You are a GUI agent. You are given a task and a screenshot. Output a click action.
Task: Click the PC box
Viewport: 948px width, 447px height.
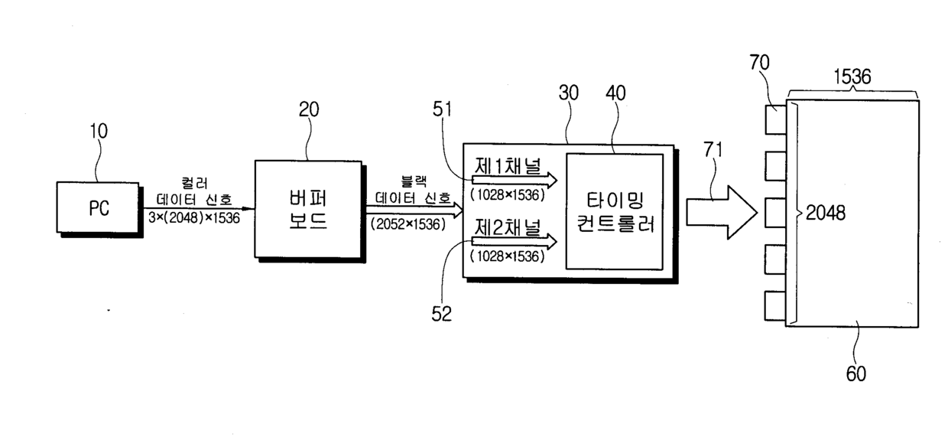pos(97,207)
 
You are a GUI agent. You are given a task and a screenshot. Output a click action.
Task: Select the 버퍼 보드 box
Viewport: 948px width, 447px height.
pos(309,209)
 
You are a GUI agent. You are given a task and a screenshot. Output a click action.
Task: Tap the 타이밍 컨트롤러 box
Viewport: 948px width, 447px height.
pos(614,210)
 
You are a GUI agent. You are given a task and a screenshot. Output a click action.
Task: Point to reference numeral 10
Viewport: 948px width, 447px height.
pos(99,132)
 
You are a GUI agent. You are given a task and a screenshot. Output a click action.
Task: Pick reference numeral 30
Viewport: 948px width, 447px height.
pos(568,93)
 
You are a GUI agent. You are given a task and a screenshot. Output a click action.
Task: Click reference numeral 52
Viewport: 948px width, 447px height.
pos(441,313)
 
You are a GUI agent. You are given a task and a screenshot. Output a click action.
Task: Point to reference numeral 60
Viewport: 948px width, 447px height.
pos(855,373)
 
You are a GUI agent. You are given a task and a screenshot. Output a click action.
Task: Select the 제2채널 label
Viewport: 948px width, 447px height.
pos(507,227)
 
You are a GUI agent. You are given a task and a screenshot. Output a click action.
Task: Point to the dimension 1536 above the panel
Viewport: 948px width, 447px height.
pos(852,77)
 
